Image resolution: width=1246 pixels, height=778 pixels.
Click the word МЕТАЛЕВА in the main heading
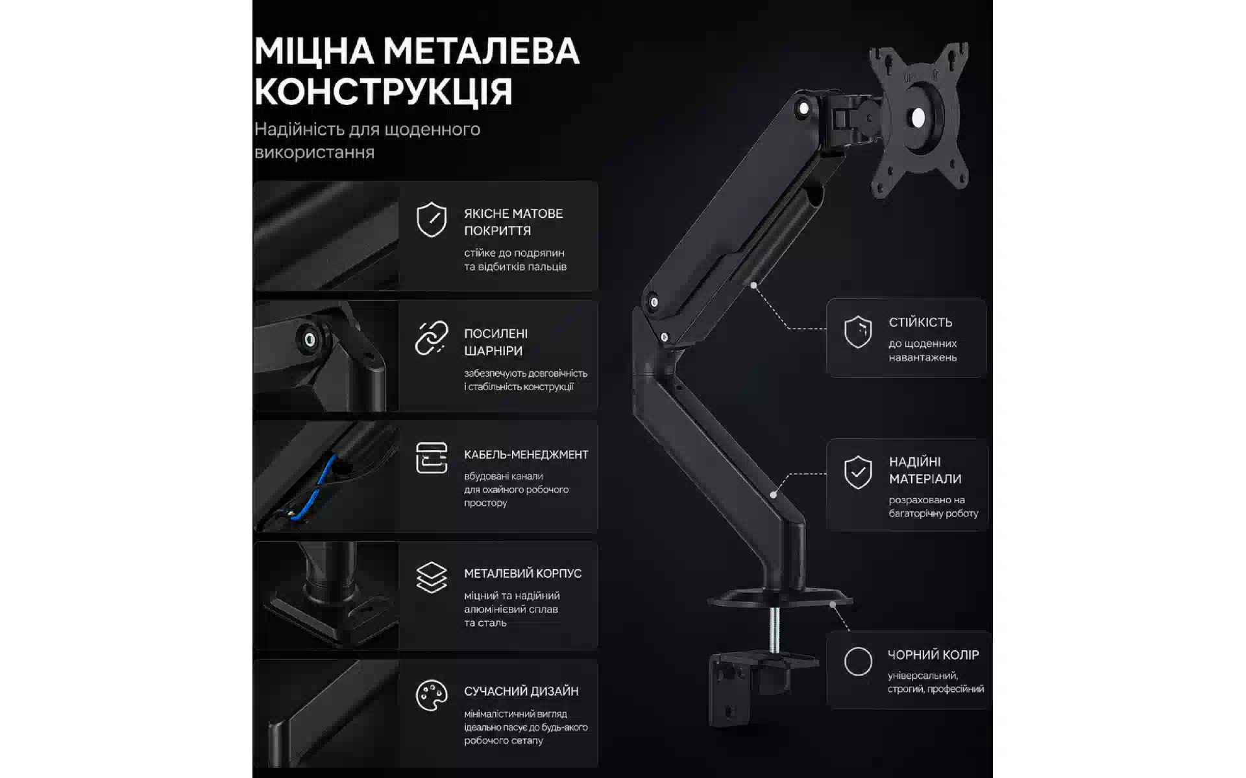481,51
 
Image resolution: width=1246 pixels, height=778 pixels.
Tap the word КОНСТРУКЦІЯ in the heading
384,91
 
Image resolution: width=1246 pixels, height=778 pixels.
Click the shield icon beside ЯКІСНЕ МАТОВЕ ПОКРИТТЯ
432,219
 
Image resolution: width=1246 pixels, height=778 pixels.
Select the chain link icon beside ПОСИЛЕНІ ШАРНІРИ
432,338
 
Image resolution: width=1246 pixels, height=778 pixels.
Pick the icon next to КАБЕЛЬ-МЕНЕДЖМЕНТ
432,458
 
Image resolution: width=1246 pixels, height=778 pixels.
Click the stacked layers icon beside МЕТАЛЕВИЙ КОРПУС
432,577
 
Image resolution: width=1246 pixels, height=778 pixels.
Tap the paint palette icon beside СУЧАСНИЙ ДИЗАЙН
432,696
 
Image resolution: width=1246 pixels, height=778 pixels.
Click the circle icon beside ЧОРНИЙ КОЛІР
858,661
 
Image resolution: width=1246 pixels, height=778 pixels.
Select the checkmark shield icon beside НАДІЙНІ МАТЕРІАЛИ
858,472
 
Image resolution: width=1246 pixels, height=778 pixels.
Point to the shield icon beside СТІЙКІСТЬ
858,332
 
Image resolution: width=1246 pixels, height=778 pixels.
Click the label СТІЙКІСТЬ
920,322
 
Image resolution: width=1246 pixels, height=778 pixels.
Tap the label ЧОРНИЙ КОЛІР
933,655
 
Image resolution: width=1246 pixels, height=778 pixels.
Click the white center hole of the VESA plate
918,118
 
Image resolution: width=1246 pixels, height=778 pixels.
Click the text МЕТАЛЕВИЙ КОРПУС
522,573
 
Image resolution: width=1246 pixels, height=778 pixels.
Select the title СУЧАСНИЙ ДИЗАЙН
521,691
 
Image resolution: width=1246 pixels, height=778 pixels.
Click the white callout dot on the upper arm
753,285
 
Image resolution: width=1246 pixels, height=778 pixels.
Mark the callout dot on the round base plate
833,604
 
